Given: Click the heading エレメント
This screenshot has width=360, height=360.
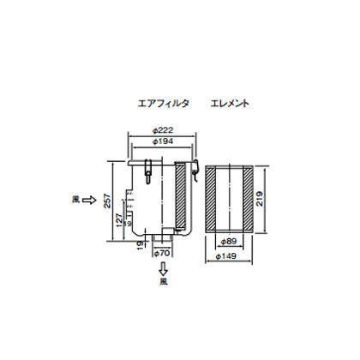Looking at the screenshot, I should click(229, 103).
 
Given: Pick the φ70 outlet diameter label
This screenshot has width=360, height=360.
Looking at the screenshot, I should click(164, 255).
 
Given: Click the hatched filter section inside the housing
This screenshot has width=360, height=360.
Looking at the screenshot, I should click(181, 198).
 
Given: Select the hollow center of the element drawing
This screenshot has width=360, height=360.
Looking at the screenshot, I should click(232, 198).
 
